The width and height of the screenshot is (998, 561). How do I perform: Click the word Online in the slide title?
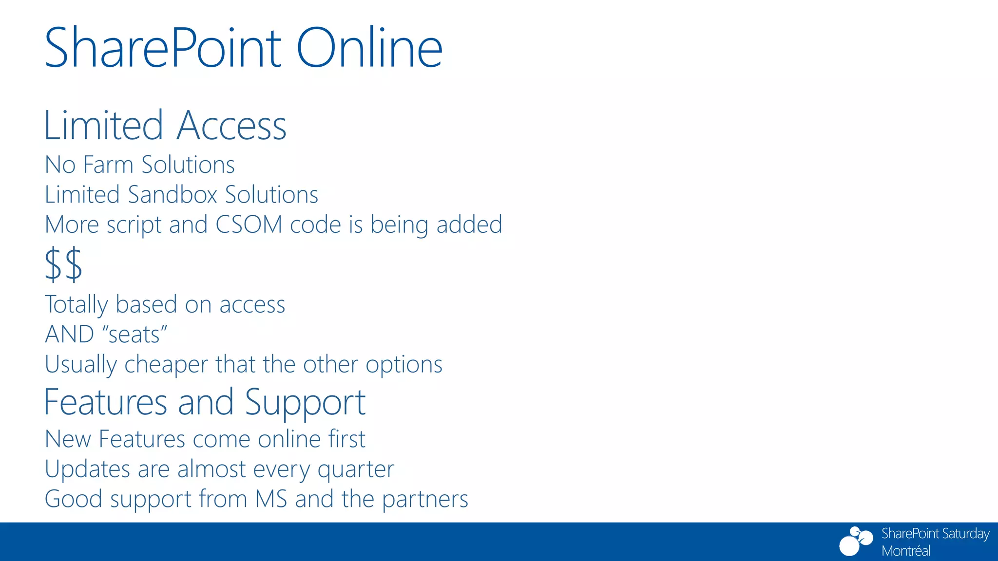(x=369, y=48)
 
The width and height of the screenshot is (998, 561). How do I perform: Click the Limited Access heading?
(x=165, y=126)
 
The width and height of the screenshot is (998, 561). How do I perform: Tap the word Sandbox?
(x=173, y=195)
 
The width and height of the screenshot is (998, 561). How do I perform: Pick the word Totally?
(x=76, y=305)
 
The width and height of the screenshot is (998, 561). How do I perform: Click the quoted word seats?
(x=134, y=335)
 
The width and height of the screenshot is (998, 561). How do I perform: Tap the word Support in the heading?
(x=305, y=403)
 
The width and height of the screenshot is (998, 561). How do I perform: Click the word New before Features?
(x=68, y=439)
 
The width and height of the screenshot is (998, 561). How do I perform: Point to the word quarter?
(x=356, y=470)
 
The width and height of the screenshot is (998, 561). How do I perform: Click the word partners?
(x=425, y=500)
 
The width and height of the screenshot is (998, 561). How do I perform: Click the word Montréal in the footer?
(x=905, y=551)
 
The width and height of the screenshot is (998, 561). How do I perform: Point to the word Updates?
(x=87, y=469)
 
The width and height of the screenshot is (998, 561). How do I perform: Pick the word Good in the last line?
(x=74, y=499)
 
